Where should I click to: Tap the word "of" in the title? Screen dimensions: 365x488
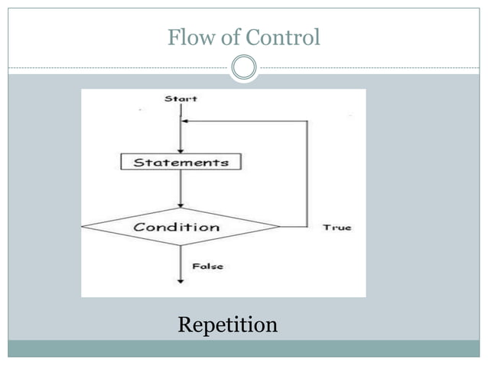point(230,37)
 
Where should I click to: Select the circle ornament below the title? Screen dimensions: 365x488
point(244,68)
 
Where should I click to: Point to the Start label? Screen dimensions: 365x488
point(181,99)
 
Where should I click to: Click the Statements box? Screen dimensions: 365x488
point(181,162)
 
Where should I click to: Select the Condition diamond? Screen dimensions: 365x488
point(181,227)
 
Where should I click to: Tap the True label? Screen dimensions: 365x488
point(337,228)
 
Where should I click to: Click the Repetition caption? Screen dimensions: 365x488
point(227,325)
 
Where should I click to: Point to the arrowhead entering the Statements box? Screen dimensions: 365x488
point(181,150)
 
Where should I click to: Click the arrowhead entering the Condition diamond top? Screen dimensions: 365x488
point(181,205)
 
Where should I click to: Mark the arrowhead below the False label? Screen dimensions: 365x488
point(181,280)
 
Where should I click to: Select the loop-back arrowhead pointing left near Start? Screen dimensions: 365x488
point(186,121)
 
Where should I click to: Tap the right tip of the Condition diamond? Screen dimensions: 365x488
point(279,227)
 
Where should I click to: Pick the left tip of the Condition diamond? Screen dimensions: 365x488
point(83,226)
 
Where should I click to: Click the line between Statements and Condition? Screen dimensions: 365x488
point(181,187)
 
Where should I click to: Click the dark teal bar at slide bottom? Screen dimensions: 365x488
point(244,348)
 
